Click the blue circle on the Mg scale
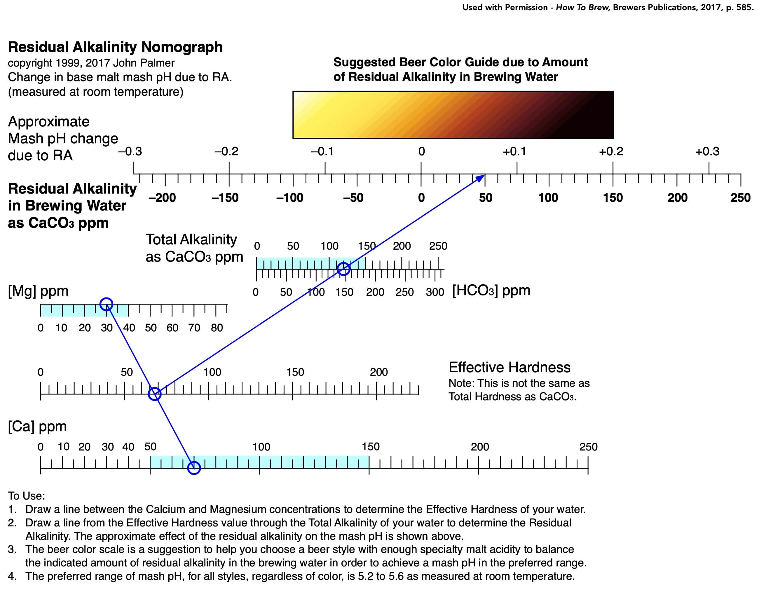click(106, 298)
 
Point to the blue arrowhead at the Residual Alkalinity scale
click(480, 178)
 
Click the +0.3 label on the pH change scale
click(707, 152)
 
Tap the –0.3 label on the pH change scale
click(130, 152)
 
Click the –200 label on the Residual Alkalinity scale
click(162, 198)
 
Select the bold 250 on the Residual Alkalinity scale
click(740, 198)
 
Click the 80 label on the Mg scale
click(217, 328)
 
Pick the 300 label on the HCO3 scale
click(435, 292)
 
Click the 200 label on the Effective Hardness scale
click(378, 372)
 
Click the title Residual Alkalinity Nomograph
click(116, 47)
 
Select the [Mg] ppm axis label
click(38, 291)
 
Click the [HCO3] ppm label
click(491, 291)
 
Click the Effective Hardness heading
click(509, 367)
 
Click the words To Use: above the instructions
click(27, 496)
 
